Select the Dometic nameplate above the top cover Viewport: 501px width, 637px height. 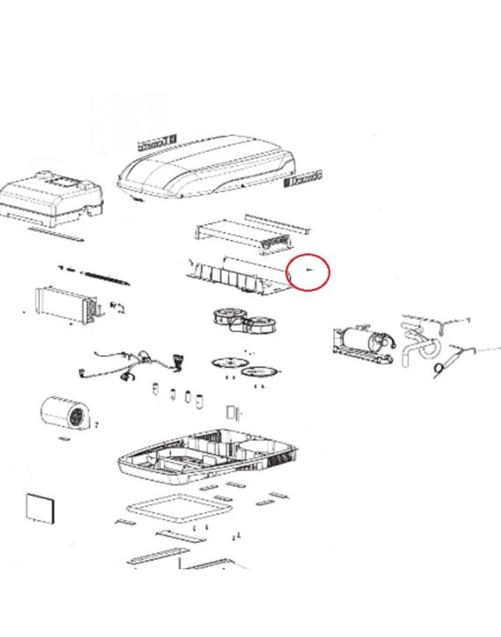157,139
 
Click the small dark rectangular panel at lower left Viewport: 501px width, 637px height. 40,509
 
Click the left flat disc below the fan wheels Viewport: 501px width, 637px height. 226,362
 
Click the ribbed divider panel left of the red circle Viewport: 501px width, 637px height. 236,273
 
